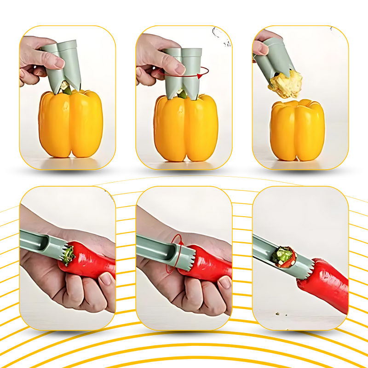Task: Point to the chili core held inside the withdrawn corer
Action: (x=282, y=256)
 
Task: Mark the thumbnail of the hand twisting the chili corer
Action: (x=184, y=258)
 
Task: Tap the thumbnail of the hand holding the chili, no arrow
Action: (x=68, y=258)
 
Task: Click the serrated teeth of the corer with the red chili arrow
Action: (x=188, y=255)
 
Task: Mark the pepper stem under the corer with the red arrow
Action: (x=184, y=94)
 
